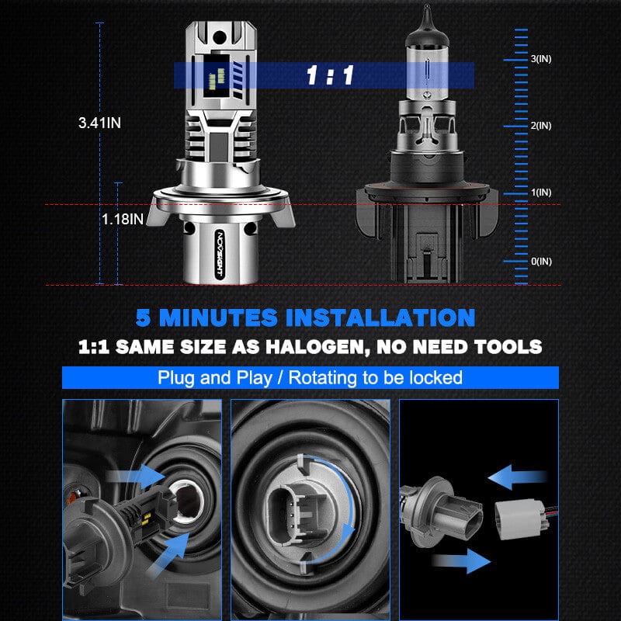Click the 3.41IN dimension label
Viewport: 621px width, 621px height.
(x=99, y=123)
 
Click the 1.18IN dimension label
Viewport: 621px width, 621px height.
(x=123, y=220)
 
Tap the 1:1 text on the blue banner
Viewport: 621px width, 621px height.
(x=330, y=75)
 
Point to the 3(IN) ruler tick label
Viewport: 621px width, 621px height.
(x=540, y=59)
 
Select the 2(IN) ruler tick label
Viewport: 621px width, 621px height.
(x=540, y=126)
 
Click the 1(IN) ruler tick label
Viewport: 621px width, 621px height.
(x=540, y=193)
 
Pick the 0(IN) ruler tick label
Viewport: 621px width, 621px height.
(x=540, y=262)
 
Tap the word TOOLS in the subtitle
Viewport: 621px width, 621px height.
(x=508, y=346)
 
